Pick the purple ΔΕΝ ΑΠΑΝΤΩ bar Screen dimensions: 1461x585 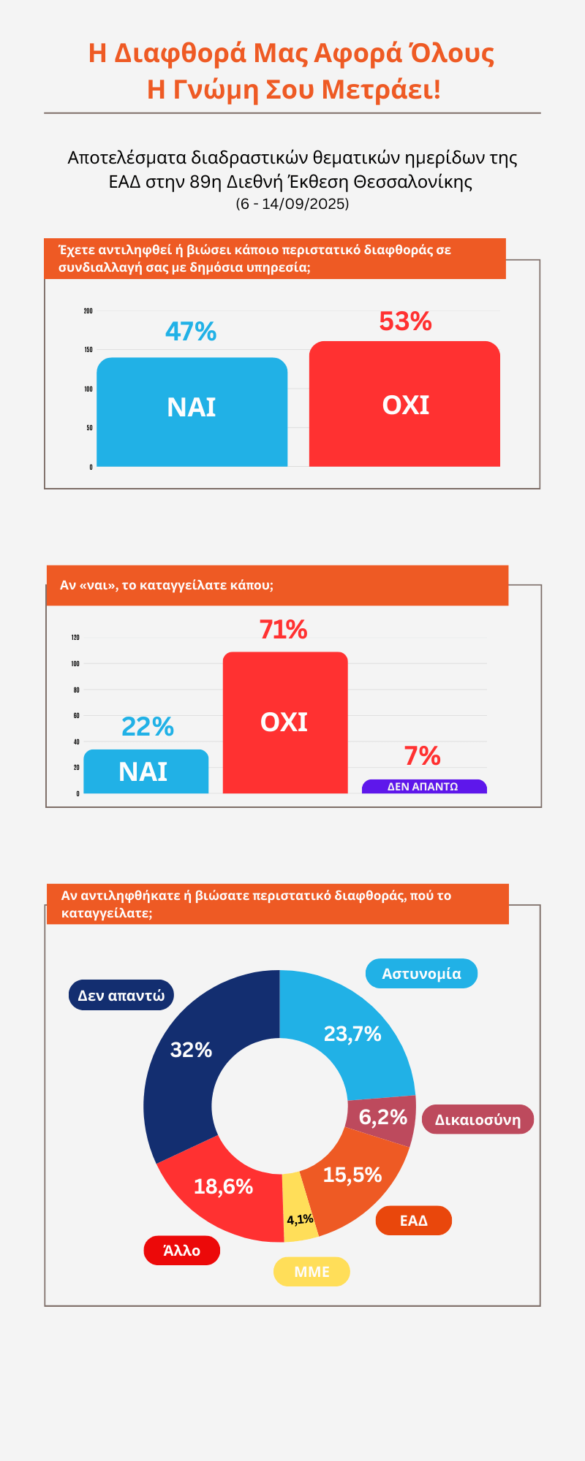point(424,787)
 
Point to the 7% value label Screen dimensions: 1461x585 point(423,756)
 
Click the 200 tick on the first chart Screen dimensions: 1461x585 point(88,311)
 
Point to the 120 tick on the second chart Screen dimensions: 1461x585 point(75,638)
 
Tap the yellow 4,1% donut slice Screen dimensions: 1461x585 point(300,1219)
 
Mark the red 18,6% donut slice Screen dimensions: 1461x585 point(219,1187)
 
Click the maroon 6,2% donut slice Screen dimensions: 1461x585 point(384,1118)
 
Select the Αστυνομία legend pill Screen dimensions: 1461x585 point(421,974)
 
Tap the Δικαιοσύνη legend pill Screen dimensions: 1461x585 point(478,1120)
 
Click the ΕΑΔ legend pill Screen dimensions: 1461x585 point(413,1221)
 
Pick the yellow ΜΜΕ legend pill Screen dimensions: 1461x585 point(312,1272)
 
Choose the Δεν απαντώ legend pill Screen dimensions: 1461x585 point(121,995)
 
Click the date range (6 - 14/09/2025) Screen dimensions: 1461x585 point(292,204)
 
